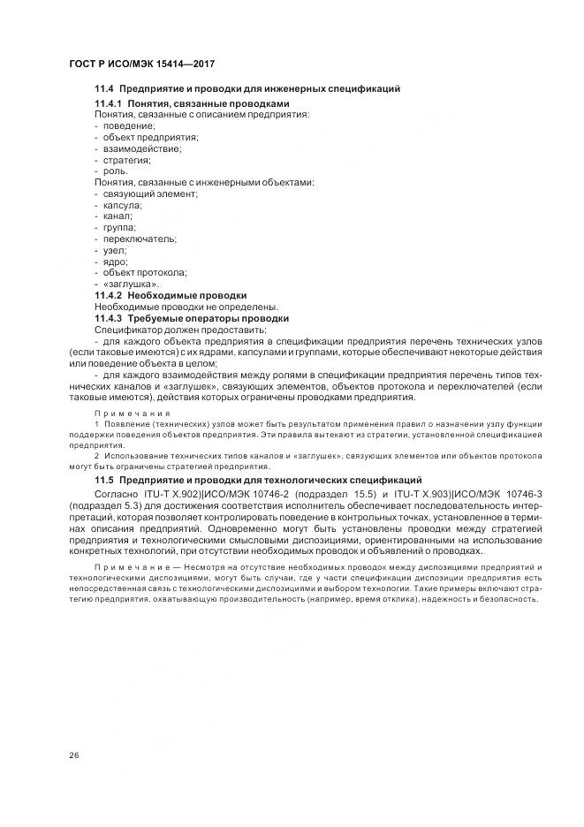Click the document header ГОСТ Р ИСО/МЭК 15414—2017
point(141,64)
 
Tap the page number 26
point(73,754)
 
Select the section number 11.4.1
point(109,103)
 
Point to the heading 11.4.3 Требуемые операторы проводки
point(192,317)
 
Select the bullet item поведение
point(128,126)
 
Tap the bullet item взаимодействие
point(142,148)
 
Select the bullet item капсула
point(123,205)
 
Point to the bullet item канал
point(118,216)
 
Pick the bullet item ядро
point(116,262)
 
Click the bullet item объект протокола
point(144,272)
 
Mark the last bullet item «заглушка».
point(131,284)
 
